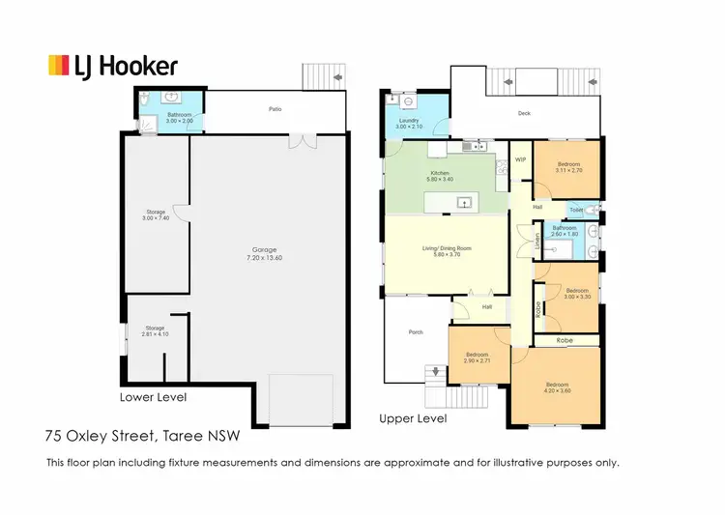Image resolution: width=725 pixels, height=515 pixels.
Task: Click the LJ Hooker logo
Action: pos(113,66)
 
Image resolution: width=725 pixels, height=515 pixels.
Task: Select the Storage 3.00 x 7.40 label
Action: pos(156,215)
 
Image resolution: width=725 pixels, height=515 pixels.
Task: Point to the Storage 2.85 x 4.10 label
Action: pos(154,330)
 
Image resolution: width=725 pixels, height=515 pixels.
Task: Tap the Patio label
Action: pos(275,109)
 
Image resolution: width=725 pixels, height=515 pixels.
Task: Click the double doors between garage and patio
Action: pos(306,142)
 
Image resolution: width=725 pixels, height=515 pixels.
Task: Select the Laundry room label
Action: pos(409,125)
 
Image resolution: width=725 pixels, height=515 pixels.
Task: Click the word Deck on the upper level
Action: pos(524,113)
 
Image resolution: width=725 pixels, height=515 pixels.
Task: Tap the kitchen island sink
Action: pos(463,202)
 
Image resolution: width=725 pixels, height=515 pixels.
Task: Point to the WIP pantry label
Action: pos(519,159)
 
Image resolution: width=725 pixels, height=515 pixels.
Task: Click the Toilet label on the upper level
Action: pos(576,209)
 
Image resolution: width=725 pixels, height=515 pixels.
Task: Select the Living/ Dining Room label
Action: pos(447,250)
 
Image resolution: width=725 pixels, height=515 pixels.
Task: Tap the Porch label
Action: pos(416,331)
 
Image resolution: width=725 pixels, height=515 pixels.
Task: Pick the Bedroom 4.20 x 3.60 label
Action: pos(557,386)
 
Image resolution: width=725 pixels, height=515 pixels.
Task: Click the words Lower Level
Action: pos(152,397)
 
